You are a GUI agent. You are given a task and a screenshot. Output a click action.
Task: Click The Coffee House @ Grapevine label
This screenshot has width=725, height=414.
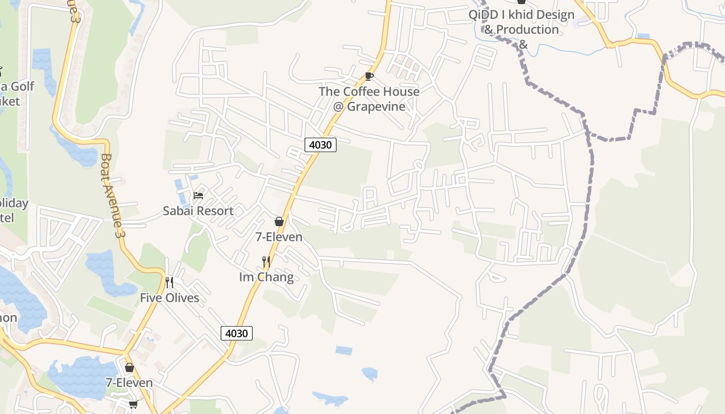(x=369, y=99)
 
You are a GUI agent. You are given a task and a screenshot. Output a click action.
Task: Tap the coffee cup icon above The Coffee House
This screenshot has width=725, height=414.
(x=369, y=77)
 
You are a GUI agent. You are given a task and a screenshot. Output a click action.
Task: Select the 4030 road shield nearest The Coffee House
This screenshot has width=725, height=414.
(x=320, y=145)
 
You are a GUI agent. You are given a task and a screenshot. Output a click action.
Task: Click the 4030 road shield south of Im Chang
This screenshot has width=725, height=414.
(x=237, y=333)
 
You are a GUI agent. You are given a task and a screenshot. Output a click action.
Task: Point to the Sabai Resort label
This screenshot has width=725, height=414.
(x=198, y=211)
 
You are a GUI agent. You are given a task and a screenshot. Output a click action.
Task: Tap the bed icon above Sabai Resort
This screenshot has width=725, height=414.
(x=198, y=195)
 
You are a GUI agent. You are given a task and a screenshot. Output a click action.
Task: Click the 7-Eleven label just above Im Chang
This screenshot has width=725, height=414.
(x=279, y=236)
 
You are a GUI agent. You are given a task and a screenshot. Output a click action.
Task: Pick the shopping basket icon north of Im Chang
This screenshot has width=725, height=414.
(x=279, y=221)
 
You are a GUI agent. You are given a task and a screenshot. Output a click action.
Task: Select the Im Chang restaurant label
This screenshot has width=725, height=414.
(x=266, y=277)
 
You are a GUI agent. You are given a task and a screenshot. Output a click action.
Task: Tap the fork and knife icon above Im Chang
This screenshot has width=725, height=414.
(x=266, y=261)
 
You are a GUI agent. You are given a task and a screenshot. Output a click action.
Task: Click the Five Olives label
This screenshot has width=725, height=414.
(x=169, y=298)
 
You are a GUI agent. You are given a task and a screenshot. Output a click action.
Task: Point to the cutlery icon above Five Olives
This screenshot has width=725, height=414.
(x=169, y=282)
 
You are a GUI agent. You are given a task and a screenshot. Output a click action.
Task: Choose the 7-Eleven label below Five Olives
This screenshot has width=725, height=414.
(x=129, y=382)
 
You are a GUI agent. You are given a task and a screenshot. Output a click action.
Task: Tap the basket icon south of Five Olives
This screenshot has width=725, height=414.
(x=129, y=367)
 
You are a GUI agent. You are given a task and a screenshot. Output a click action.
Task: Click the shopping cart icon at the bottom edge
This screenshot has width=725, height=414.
(x=133, y=404)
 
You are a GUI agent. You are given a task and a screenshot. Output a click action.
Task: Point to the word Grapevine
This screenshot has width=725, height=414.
(x=376, y=107)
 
